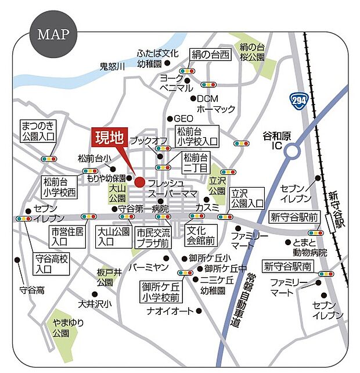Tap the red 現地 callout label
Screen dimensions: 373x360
(109, 138)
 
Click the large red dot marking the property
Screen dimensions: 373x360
(139, 182)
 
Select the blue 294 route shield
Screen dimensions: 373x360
(298, 100)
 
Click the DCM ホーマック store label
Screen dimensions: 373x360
(215, 104)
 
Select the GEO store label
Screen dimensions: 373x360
(183, 118)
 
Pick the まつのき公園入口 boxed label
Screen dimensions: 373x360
(38, 131)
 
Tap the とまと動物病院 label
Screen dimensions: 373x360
(310, 248)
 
